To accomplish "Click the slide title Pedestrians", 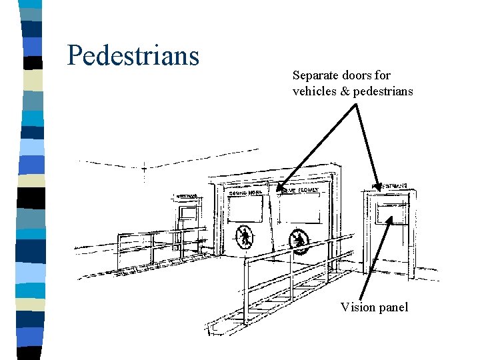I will click(x=133, y=55).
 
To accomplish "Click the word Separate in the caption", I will click(x=317, y=75).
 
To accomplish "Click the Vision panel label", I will click(x=374, y=307).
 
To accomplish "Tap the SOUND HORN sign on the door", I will click(x=246, y=193).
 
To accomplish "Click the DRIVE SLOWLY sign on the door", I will click(x=299, y=191).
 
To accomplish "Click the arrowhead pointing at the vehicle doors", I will click(x=280, y=189).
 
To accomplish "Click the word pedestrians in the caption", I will click(x=383, y=91).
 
